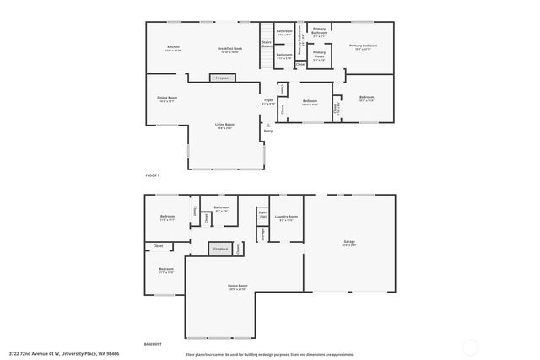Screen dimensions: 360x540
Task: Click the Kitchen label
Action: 173,47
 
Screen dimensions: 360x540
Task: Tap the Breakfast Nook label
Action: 229,47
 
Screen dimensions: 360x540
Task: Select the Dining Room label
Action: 166,99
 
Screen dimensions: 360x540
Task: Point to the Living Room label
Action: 224,126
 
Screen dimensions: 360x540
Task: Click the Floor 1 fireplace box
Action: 223,78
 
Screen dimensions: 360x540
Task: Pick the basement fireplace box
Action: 220,249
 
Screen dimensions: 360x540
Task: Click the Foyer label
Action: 268,101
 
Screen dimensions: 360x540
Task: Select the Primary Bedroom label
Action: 363,46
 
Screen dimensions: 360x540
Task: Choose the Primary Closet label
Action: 320,57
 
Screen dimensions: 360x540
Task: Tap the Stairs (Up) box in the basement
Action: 262,215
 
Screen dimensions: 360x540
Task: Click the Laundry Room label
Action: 285,218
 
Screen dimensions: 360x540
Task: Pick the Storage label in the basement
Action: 262,235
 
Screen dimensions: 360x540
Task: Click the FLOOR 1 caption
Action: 153,175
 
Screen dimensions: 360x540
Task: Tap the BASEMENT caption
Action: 154,346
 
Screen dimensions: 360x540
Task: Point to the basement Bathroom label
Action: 222,209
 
